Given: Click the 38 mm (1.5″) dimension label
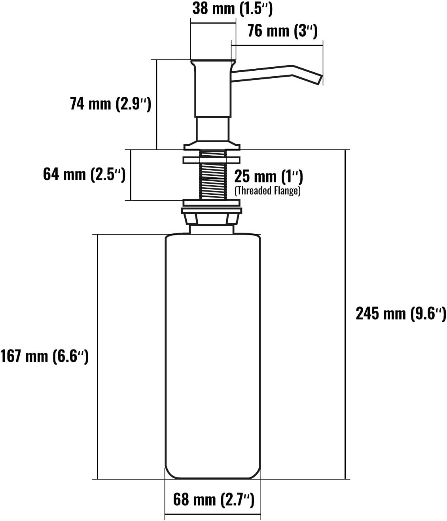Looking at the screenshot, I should [x=232, y=8].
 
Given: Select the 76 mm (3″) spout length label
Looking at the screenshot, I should [x=282, y=31].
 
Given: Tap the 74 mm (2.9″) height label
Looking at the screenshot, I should [x=110, y=103].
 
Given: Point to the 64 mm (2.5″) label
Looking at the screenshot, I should [x=84, y=174].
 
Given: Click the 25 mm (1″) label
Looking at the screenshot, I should [x=268, y=177].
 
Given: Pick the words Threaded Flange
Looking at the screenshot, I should [x=267, y=191].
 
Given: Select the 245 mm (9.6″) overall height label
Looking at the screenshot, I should [x=401, y=314].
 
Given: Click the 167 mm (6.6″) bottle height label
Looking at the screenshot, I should [x=44, y=356].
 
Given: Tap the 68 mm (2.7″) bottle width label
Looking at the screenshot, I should [x=214, y=500].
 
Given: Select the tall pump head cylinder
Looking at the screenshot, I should [x=212, y=89].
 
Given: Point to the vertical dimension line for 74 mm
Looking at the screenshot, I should [x=157, y=104].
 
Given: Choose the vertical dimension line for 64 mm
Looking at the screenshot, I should [x=131, y=175].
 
